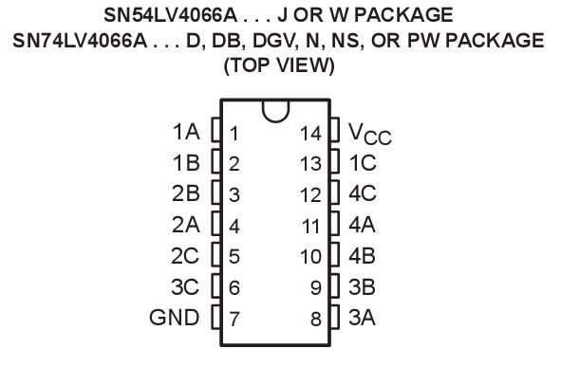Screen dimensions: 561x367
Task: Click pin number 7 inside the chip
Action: point(234,319)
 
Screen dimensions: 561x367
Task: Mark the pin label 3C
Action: point(185,286)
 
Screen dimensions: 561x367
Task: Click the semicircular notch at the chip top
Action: point(274,110)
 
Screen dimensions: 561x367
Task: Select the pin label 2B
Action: point(185,194)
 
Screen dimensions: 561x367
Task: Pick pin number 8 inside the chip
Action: point(317,319)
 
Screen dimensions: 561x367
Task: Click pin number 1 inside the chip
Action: point(234,133)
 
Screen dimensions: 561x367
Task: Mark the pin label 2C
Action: point(185,256)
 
